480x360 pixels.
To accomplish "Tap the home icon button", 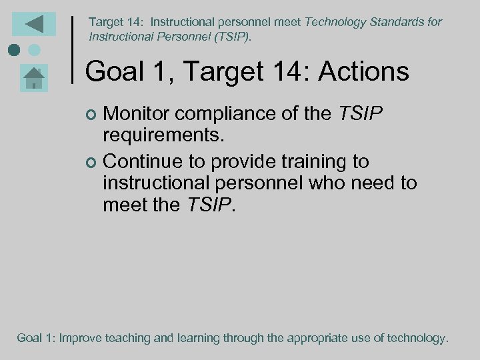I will tap(33, 79).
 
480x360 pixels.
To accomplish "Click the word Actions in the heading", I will tap(363, 71).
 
